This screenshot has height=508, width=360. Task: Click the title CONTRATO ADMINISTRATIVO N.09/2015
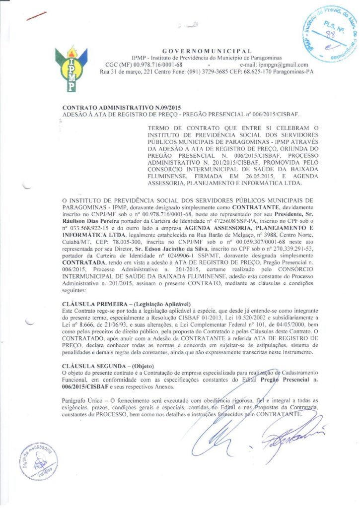[x=122, y=107]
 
